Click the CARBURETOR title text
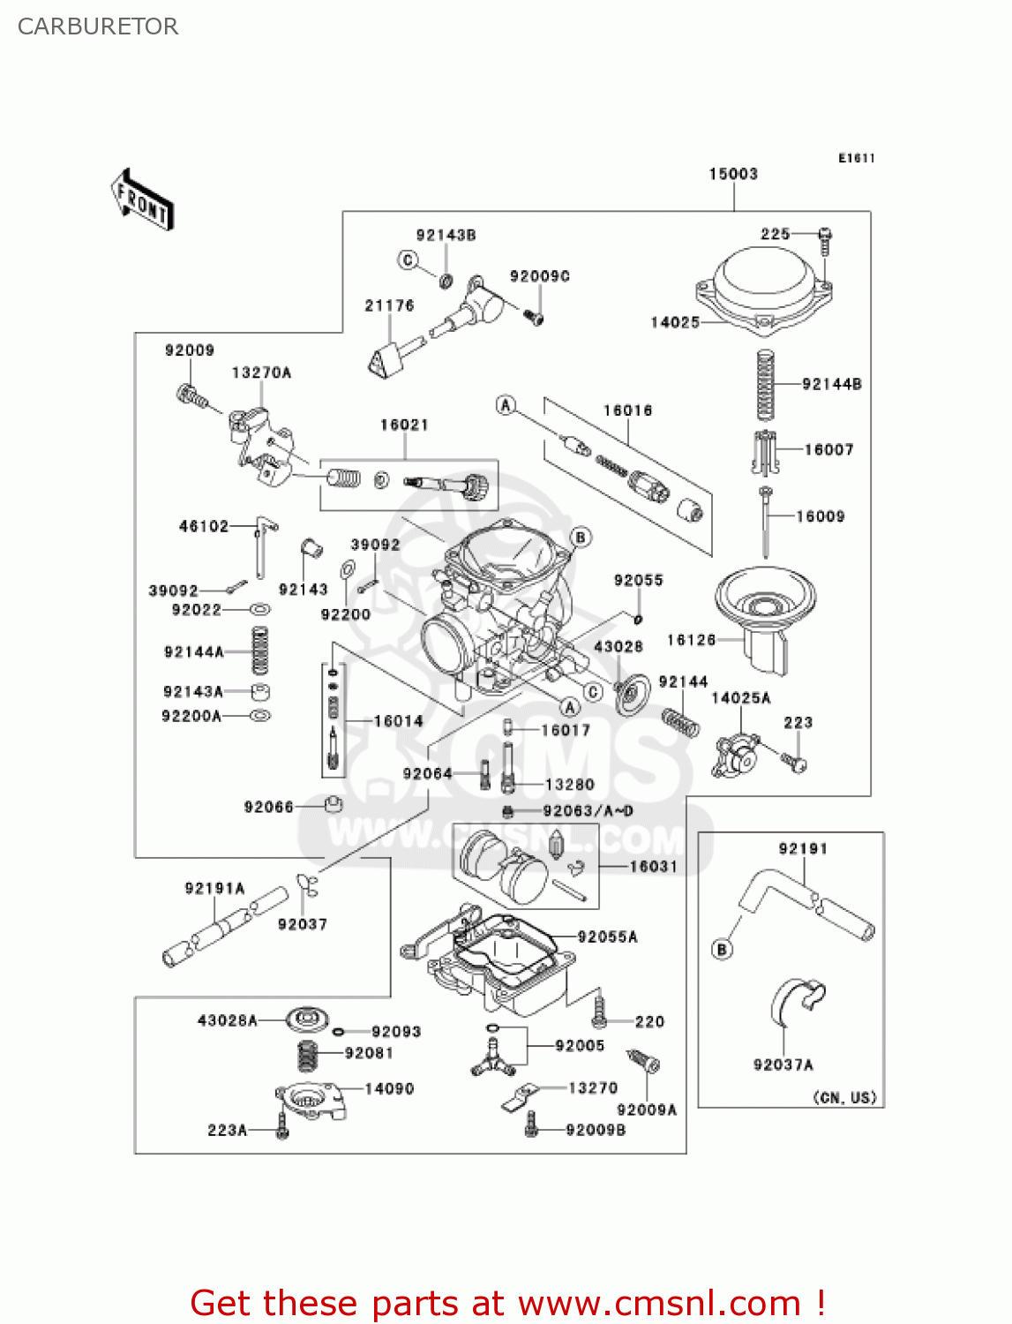click(98, 26)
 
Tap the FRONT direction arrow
click(142, 200)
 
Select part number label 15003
click(733, 174)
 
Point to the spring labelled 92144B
click(766, 385)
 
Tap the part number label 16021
click(404, 425)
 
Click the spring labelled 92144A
click(259, 651)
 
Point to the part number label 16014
click(398, 721)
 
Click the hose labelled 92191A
click(224, 928)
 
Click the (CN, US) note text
click(844, 1097)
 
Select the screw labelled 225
click(825, 240)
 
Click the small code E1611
click(856, 158)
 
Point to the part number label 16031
click(653, 867)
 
